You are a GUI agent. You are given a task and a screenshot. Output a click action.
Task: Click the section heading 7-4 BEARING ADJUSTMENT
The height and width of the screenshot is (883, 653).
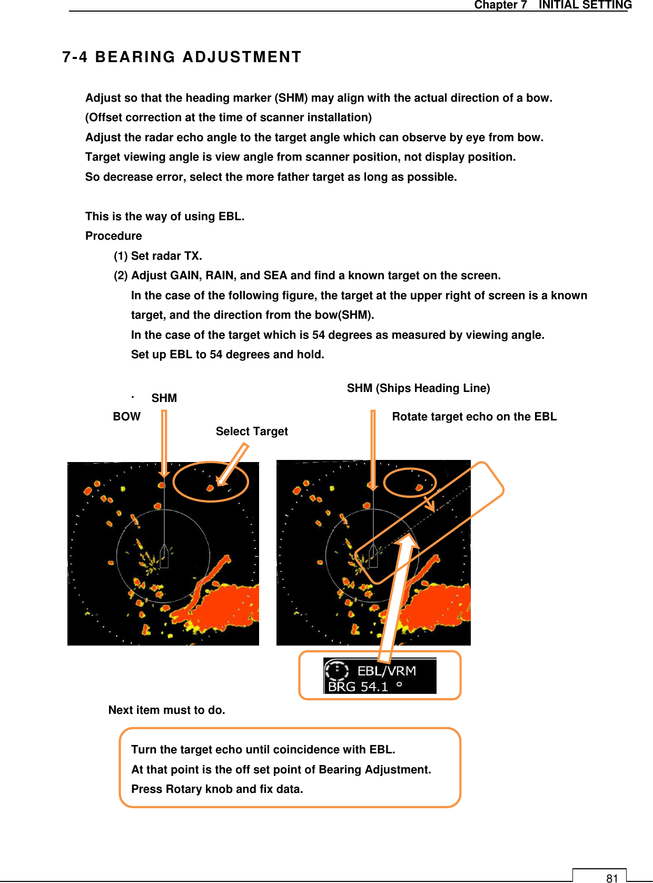click(182, 57)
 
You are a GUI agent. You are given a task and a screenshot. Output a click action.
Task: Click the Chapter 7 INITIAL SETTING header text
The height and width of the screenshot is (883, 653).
click(552, 5)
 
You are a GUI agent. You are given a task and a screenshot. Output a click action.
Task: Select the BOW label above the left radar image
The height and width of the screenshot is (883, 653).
click(126, 417)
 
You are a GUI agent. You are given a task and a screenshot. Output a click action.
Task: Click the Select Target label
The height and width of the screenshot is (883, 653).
click(252, 431)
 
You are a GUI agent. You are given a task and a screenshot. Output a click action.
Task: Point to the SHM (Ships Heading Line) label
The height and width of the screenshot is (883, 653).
click(418, 388)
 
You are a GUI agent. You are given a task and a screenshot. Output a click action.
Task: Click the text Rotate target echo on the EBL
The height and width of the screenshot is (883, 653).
click(474, 417)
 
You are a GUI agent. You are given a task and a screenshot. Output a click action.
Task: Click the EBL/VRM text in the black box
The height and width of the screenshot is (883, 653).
click(387, 671)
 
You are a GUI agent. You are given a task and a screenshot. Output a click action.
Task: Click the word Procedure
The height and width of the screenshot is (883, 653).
click(114, 236)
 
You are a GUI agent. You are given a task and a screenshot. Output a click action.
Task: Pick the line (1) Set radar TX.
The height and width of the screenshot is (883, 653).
click(158, 256)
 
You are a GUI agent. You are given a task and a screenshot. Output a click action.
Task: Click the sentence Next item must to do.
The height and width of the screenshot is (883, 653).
click(166, 710)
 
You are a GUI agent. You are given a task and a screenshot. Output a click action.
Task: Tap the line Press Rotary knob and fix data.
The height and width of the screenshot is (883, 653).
click(217, 789)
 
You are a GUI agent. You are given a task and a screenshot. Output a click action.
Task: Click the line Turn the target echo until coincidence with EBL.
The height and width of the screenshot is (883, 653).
click(263, 750)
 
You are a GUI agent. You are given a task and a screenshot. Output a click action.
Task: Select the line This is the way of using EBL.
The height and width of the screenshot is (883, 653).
click(165, 217)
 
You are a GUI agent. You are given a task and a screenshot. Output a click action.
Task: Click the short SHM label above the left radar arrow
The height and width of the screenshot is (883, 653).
click(164, 398)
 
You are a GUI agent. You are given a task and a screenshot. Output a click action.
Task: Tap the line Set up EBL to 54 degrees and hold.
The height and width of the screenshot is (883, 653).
click(227, 355)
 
